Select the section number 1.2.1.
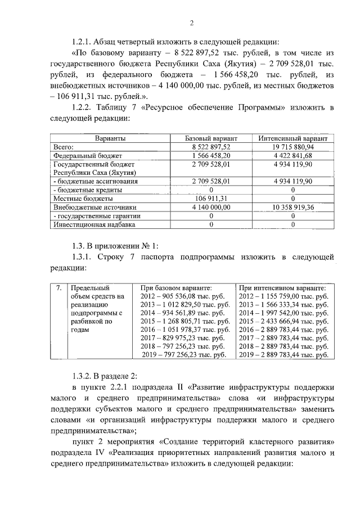coord(83,42)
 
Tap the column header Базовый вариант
coord(211,138)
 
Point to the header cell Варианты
coord(110,138)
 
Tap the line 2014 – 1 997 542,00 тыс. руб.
coord(283,313)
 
